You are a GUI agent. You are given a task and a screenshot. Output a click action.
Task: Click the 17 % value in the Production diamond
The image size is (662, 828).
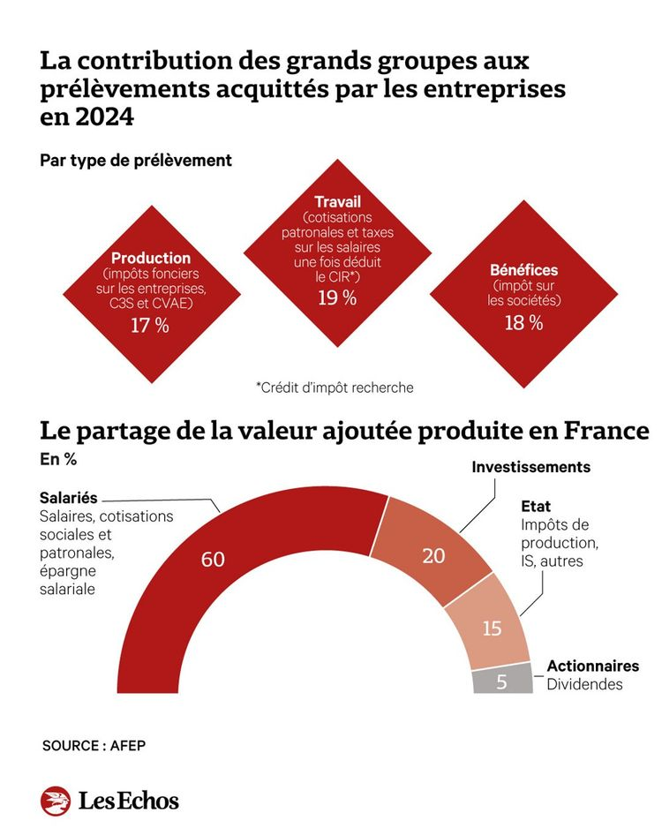point(150,326)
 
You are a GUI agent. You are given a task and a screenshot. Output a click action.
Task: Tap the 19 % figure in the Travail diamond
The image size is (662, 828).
point(337,297)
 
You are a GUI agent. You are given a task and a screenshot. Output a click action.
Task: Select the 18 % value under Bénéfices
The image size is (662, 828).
point(523,322)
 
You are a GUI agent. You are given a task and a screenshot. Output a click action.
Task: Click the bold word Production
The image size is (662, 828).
point(150,258)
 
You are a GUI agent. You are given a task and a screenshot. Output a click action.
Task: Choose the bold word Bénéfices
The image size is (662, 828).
point(523,270)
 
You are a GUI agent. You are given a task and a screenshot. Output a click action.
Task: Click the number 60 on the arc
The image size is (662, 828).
point(213,560)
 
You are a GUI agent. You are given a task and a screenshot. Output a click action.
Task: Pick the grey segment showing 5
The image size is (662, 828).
point(500,681)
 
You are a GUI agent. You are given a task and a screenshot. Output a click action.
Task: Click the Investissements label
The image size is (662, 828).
point(530,467)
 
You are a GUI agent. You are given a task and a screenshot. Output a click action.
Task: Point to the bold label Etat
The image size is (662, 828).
point(536,507)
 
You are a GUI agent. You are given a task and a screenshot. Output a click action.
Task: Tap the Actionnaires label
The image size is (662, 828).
point(592,666)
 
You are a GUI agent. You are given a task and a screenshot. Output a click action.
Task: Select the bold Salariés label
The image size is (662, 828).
point(68,498)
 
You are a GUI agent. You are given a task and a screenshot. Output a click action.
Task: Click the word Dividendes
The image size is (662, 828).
point(583,684)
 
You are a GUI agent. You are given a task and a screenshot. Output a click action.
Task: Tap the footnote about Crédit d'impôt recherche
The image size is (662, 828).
point(335,387)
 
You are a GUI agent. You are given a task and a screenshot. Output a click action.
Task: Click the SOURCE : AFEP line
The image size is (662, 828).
point(94,745)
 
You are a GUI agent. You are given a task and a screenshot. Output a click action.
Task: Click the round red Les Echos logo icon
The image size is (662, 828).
point(55,801)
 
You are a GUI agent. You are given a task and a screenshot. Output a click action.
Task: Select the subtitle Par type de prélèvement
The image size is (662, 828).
point(135,160)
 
